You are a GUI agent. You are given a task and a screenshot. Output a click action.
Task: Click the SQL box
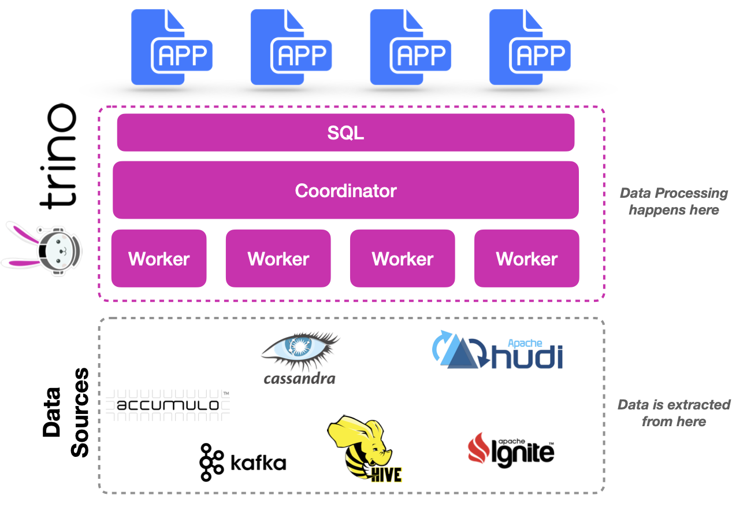[345, 132]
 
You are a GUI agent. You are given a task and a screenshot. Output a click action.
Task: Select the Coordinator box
[345, 190]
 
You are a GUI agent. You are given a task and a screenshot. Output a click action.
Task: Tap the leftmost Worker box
[159, 258]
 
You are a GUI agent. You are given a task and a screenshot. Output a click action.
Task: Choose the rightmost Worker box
[526, 258]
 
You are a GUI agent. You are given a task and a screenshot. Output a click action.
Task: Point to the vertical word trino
[58, 156]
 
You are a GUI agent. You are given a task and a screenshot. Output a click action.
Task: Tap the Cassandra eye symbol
[300, 349]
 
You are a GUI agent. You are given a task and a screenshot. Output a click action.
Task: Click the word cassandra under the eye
[299, 379]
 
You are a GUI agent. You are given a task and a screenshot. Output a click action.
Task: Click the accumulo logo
[168, 404]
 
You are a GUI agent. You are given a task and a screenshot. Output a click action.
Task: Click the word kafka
[258, 463]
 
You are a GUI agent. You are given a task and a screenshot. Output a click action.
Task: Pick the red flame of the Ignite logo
[479, 448]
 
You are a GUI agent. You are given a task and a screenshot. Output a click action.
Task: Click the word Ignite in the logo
[523, 453]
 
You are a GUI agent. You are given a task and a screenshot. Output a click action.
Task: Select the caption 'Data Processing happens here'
[674, 201]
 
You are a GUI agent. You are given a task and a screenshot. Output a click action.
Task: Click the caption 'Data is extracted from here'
[674, 413]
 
